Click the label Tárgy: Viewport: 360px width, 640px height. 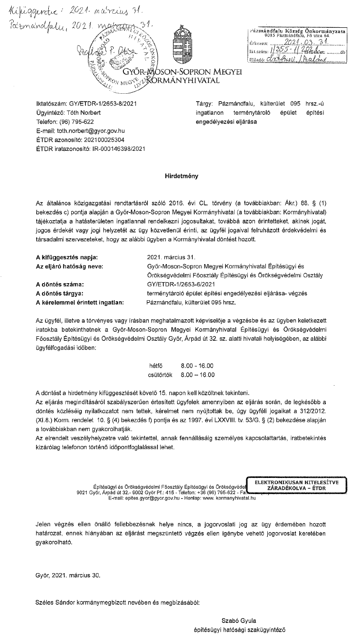(x=203, y=104)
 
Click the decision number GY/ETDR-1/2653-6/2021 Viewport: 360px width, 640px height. (x=180, y=284)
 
